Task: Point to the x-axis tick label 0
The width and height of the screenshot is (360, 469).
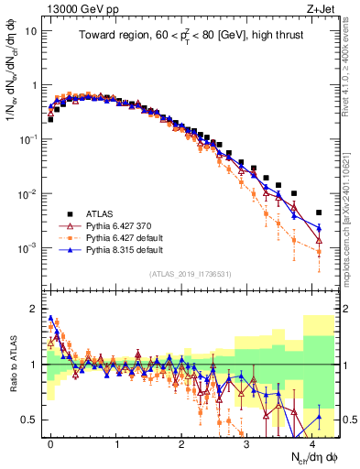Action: (x=50, y=442)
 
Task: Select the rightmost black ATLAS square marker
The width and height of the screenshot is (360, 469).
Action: (x=319, y=212)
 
